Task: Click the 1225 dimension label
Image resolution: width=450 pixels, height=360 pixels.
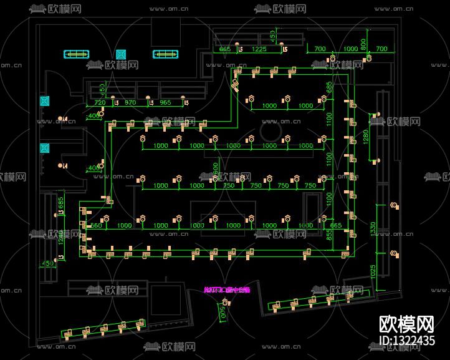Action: tap(259, 49)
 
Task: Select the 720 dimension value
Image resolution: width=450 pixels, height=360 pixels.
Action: tap(99, 102)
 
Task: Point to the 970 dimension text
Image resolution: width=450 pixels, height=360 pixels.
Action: tap(130, 102)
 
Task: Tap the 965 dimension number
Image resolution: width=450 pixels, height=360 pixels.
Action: tap(165, 102)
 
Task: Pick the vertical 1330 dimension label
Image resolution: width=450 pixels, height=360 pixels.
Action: tap(372, 229)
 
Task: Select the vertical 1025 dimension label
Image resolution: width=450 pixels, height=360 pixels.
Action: tap(372, 272)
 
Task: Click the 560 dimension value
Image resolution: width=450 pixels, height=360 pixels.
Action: tap(96, 225)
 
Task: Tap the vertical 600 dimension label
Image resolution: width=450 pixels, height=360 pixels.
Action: tap(216, 168)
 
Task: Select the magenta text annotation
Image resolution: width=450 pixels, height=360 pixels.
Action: tap(226, 289)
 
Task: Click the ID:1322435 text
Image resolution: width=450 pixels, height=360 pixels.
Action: tap(407, 341)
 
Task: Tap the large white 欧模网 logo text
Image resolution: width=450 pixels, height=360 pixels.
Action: tap(407, 324)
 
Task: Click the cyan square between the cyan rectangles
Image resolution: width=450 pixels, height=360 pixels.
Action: tap(121, 54)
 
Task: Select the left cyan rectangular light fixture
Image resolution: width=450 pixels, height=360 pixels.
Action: tap(76, 54)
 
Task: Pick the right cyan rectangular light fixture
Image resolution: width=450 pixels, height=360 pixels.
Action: tap(165, 54)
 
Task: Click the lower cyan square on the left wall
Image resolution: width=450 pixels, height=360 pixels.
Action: tap(44, 148)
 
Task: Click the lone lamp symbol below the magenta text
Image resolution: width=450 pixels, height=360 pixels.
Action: tap(224, 303)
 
